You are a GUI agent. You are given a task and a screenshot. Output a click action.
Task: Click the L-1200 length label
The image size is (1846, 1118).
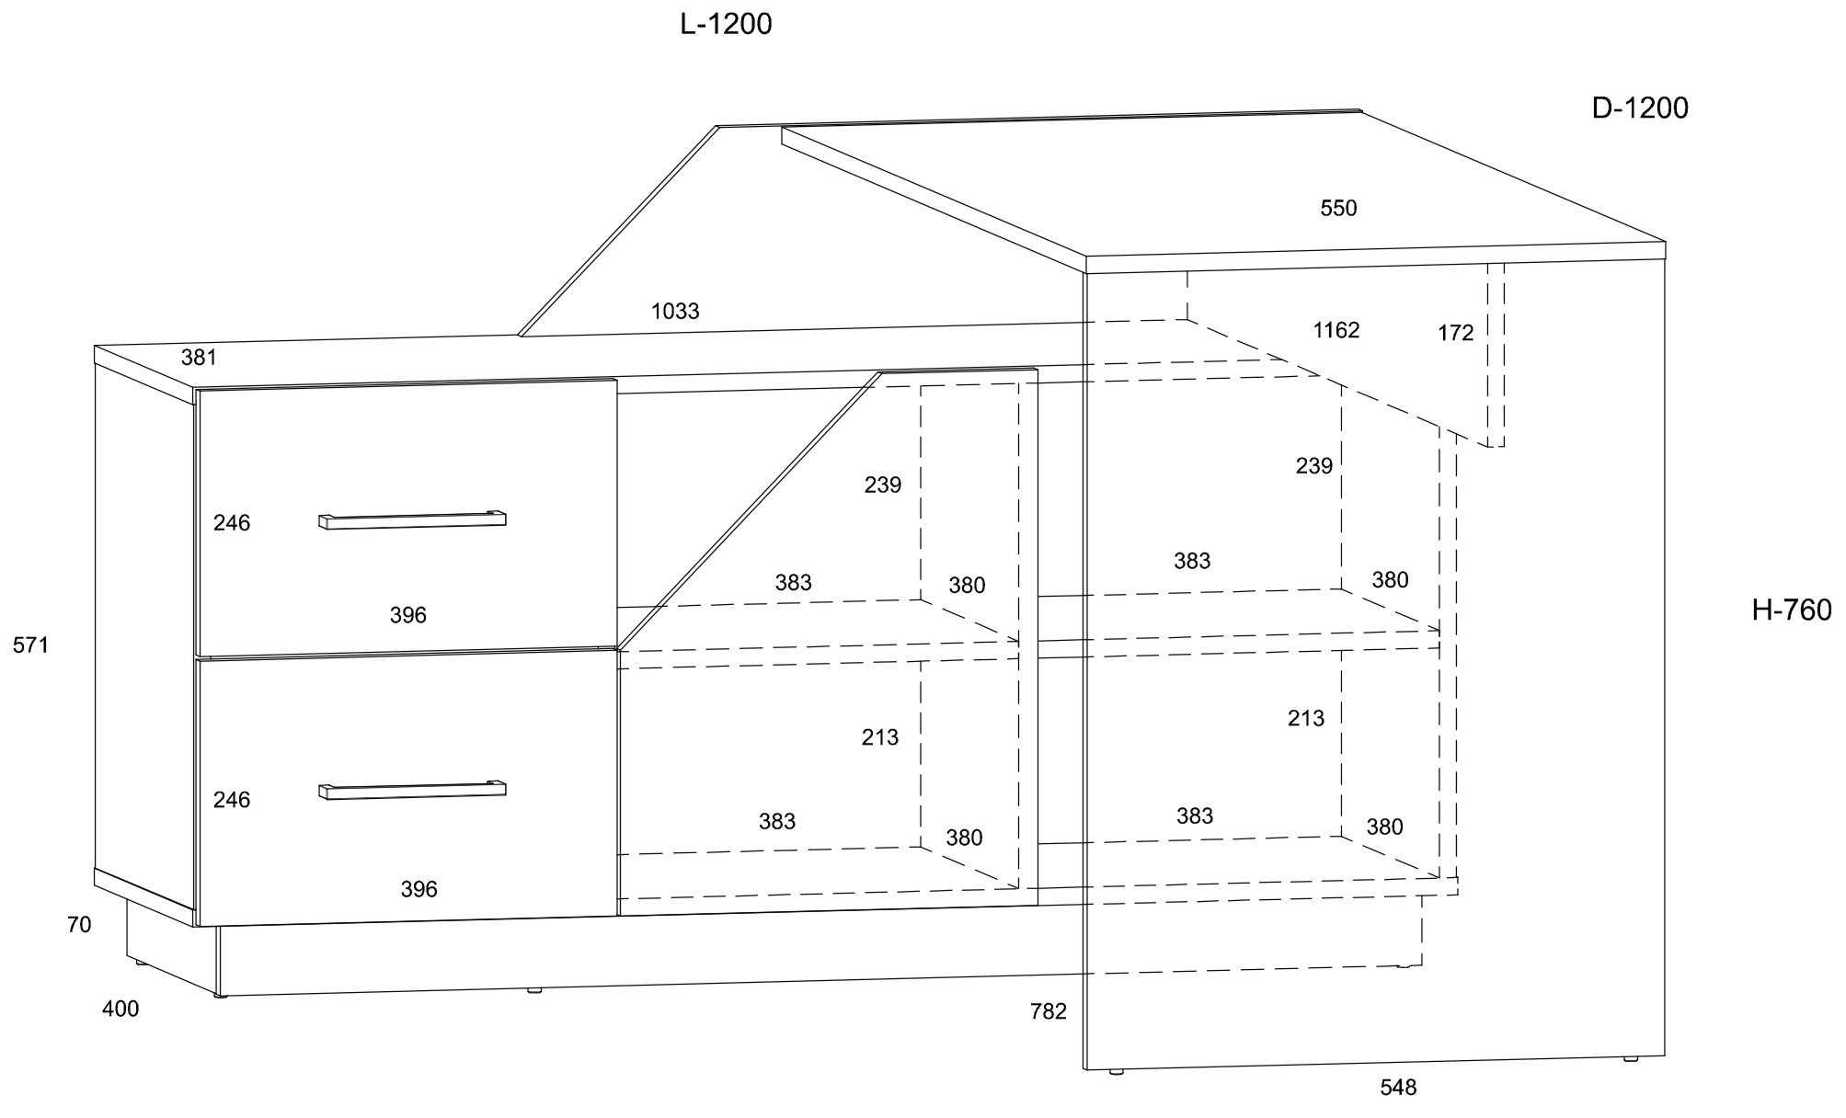726,25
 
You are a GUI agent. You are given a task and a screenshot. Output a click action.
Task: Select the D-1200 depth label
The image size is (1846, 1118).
1640,108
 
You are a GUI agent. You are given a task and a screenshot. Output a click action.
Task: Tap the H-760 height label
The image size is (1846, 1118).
1792,610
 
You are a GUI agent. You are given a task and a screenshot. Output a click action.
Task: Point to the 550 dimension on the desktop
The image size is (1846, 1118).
1338,209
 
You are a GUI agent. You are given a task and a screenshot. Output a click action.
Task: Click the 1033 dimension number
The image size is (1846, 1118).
675,312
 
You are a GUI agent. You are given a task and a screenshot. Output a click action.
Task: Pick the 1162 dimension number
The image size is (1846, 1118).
1336,330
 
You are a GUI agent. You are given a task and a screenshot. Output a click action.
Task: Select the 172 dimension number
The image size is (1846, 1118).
1456,334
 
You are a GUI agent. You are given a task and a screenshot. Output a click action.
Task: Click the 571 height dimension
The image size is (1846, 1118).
30,645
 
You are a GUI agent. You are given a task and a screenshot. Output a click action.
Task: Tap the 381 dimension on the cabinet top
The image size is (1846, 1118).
199,358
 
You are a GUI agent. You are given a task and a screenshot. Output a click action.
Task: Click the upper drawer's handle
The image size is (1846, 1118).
412,520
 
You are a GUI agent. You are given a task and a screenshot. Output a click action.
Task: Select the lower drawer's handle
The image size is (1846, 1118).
412,791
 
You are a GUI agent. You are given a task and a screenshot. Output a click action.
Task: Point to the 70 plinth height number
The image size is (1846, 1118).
79,925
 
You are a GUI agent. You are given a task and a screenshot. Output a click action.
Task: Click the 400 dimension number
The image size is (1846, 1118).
120,1009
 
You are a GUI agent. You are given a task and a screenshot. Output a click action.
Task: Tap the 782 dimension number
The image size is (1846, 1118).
1049,1011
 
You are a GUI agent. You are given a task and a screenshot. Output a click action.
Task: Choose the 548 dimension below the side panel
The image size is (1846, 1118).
1398,1088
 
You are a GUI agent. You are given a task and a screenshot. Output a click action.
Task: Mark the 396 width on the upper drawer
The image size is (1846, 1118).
408,615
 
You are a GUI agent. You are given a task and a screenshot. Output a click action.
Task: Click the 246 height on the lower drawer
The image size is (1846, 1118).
232,800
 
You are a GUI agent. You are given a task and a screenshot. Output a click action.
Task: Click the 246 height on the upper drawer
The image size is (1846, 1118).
232,523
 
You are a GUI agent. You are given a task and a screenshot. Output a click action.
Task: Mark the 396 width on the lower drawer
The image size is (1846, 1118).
419,889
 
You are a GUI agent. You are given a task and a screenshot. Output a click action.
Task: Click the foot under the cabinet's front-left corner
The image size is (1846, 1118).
220,996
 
